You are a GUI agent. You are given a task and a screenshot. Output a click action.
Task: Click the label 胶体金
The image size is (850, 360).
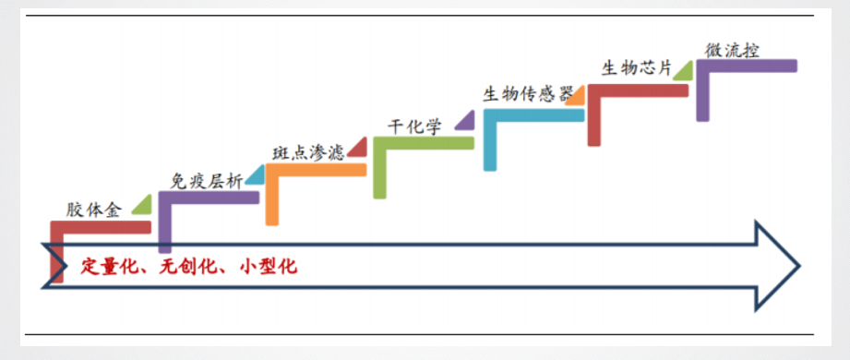94,209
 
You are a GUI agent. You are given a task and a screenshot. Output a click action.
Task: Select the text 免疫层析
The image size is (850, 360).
207,180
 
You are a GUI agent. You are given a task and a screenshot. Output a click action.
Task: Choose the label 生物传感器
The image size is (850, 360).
522,95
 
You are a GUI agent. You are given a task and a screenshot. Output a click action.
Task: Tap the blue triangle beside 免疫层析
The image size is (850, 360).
255,176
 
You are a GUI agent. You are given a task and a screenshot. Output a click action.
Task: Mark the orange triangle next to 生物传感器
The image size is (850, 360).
576,93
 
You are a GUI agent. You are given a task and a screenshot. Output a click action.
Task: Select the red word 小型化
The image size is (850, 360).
268,267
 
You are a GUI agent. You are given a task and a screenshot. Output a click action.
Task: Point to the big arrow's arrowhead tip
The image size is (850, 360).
798,266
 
